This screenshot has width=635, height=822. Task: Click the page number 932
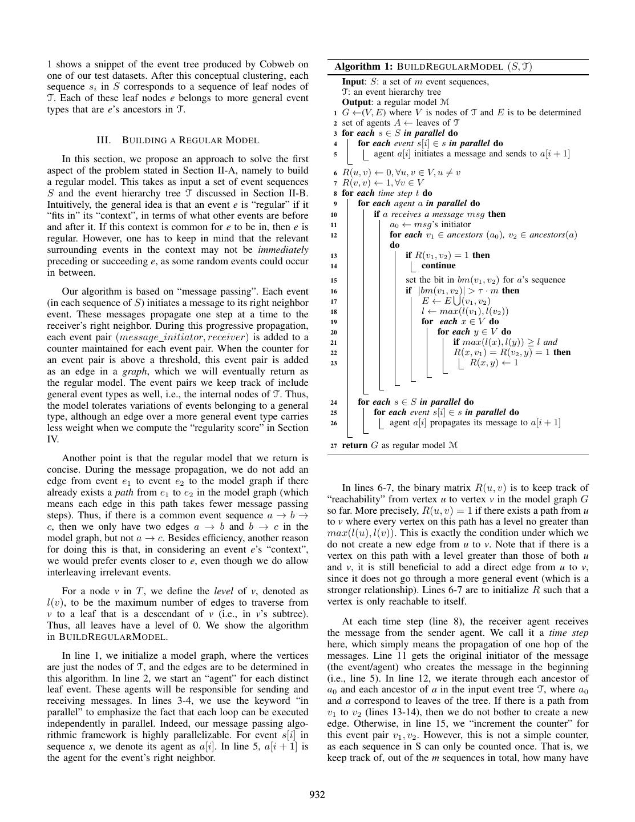[317, 795]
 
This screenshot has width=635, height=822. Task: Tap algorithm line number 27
[334, 445]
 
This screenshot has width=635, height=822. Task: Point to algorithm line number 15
[334, 280]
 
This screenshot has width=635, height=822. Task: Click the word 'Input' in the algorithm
[353, 82]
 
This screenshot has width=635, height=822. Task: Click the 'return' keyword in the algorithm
[355, 445]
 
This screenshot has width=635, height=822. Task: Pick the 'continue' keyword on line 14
[438, 265]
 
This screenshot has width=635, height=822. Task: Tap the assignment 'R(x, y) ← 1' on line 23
[494, 362]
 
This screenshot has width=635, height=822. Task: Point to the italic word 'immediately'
[283, 249]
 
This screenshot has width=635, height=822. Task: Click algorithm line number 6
[335, 172]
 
